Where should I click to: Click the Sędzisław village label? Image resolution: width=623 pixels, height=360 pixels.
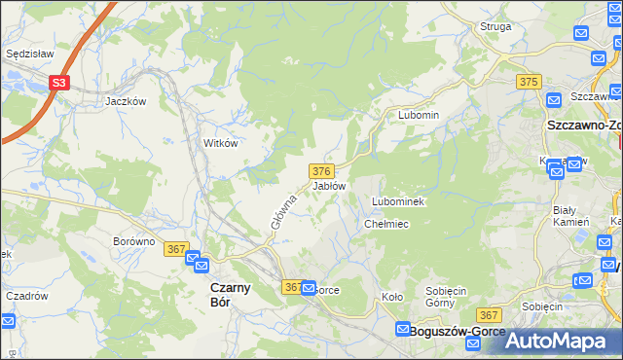(28, 54)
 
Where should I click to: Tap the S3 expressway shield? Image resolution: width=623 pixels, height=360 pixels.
(59, 84)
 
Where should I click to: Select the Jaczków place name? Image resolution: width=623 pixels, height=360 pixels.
(126, 100)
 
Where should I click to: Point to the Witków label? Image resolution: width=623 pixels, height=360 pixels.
(220, 142)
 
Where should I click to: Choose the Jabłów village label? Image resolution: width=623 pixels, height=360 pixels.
(329, 185)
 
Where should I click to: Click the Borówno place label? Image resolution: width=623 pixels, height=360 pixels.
(134, 241)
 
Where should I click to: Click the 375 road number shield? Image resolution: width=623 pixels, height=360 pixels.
(530, 83)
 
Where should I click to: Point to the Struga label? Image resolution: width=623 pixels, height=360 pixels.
(495, 26)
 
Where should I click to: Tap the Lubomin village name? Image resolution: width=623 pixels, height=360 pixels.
(419, 115)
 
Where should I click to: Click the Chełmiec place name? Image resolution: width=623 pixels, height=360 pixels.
(385, 224)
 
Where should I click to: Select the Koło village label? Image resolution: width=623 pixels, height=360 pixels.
(392, 298)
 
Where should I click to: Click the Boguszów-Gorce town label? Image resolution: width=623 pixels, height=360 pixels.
(458, 331)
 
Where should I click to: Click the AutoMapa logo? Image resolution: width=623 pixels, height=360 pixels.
(556, 341)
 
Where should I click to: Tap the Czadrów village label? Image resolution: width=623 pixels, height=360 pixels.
(27, 296)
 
